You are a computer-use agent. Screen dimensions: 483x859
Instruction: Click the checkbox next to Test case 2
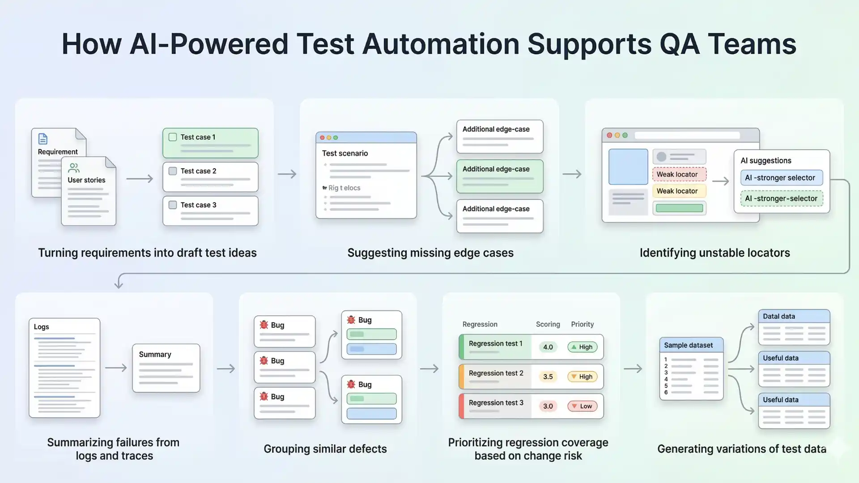coord(173,171)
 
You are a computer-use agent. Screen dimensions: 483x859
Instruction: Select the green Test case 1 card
coord(210,143)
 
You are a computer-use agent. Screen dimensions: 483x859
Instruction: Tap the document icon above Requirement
coord(43,139)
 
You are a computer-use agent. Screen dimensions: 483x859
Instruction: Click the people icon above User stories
coord(74,168)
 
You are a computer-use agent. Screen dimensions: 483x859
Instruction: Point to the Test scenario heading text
coord(344,153)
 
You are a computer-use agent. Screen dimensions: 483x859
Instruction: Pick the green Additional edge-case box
coord(499,176)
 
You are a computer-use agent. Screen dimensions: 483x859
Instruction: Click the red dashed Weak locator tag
coord(679,174)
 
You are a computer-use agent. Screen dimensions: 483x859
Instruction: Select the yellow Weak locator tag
coord(679,191)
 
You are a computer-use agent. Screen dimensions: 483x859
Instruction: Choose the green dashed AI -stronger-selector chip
coord(781,199)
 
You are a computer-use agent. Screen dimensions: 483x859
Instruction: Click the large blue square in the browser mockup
coord(628,167)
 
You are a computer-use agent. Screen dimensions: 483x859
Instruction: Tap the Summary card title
coord(155,355)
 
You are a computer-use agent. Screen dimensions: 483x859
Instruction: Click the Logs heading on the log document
coord(42,327)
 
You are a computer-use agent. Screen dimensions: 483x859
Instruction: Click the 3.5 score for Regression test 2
coord(548,377)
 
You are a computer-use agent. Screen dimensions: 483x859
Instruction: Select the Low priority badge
coord(582,406)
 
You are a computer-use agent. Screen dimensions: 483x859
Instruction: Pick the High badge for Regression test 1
coord(582,347)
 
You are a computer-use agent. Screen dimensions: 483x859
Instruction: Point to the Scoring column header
coord(548,324)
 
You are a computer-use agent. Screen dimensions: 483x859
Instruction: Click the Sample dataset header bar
coord(691,345)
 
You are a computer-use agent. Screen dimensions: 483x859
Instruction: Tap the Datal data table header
coord(793,316)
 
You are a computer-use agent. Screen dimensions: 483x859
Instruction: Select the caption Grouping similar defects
coord(325,449)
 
